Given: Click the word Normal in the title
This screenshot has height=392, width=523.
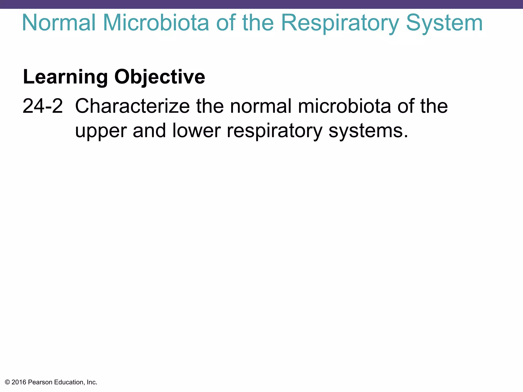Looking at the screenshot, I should click(x=59, y=23).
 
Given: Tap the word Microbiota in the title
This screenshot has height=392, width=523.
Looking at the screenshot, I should click(x=156, y=23).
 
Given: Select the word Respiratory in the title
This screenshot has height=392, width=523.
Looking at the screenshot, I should click(x=340, y=23).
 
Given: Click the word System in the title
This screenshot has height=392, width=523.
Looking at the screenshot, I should click(x=444, y=23).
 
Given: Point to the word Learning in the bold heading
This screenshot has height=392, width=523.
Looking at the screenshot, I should click(x=65, y=77).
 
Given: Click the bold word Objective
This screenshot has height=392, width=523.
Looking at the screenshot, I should click(x=160, y=77).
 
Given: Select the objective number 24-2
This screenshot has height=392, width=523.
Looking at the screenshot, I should click(x=43, y=106).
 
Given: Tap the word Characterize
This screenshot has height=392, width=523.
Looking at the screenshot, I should click(x=132, y=106).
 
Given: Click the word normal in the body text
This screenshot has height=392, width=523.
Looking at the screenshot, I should click(x=260, y=106).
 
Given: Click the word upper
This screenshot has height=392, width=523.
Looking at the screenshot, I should click(x=101, y=131).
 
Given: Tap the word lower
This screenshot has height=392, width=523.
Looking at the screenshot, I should click(x=196, y=131).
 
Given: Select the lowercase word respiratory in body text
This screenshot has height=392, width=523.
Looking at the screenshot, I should click(x=275, y=131).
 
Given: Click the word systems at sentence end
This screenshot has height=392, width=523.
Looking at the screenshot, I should click(x=368, y=131).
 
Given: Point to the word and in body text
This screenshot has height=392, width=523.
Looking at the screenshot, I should click(x=149, y=131).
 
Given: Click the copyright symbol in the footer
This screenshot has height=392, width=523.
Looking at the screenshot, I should click(x=7, y=382).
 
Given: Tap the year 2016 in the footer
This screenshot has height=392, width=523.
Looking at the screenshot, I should click(x=19, y=382).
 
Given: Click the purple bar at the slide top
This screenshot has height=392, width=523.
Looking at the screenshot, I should click(x=261, y=4).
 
